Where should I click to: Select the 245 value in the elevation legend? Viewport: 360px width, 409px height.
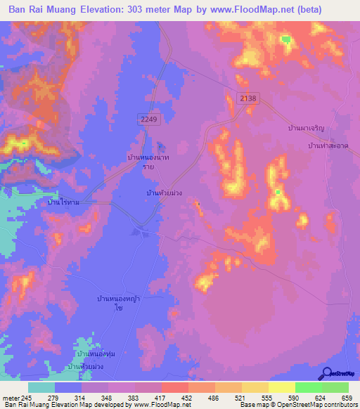click(x=27, y=398)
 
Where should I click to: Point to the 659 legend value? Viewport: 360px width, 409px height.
click(x=347, y=398)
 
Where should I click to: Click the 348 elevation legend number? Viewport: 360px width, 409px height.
click(x=108, y=398)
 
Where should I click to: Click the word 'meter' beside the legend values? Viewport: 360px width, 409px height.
click(x=11, y=398)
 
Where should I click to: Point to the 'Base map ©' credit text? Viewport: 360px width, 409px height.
click(x=256, y=405)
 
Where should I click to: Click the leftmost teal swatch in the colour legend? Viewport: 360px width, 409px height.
click(x=41, y=387)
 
